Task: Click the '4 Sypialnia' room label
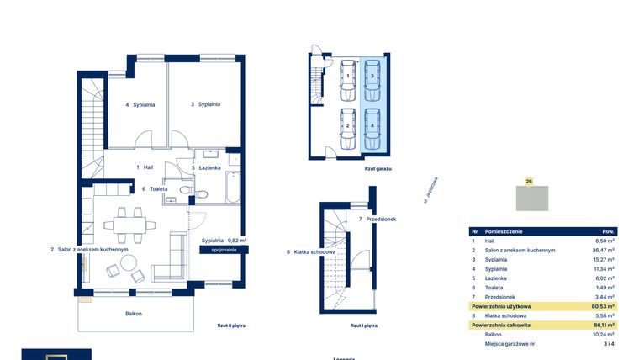click(x=140, y=105)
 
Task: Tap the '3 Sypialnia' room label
click(x=205, y=104)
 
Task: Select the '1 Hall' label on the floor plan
click(x=145, y=167)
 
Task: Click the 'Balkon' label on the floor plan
click(x=133, y=314)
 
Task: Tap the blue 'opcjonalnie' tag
click(x=224, y=250)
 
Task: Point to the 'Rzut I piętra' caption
click(x=362, y=324)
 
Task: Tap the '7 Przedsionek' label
click(x=377, y=219)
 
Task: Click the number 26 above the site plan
click(x=528, y=180)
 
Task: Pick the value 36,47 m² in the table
click(x=605, y=251)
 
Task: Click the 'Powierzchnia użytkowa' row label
click(x=500, y=307)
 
